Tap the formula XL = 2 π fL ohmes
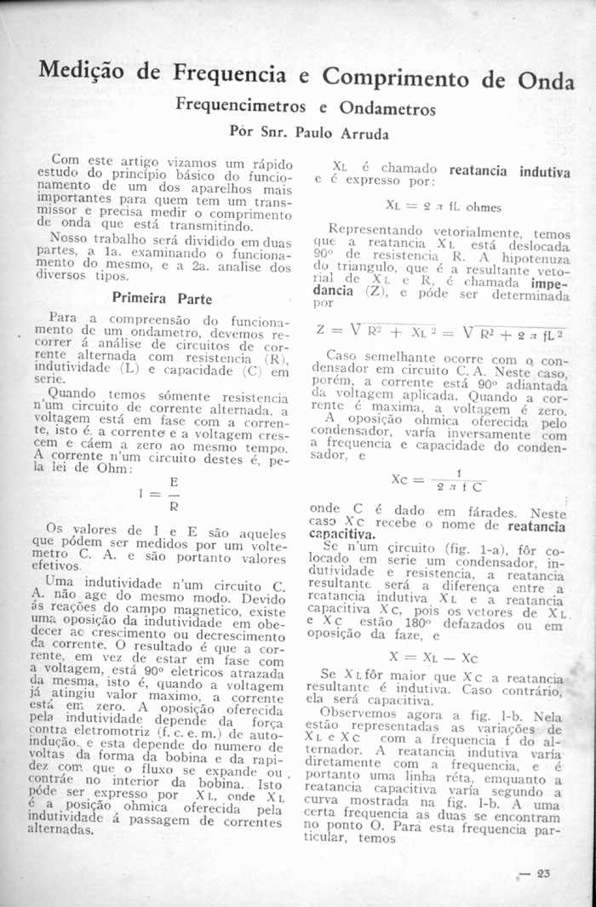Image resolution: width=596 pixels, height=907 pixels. pyautogui.click(x=443, y=206)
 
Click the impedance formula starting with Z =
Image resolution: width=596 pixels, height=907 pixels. pyautogui.click(x=442, y=330)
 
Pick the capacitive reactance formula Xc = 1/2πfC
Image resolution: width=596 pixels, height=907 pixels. pyautogui.click(x=439, y=479)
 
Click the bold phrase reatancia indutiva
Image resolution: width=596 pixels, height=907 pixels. pyautogui.click(x=509, y=171)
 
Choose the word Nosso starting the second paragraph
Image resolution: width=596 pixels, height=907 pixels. pyautogui.click(x=70, y=238)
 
